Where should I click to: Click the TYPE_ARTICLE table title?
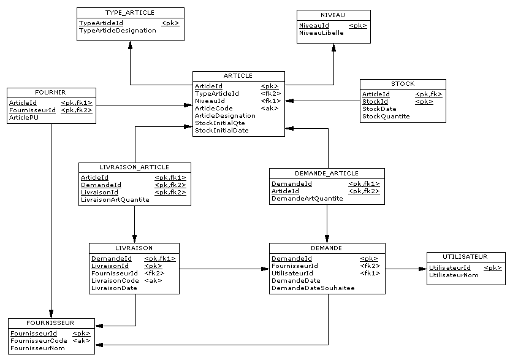point(130,12)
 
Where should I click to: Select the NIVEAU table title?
point(333,15)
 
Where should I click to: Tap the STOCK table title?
point(403,83)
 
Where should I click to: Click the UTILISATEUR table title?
point(465,256)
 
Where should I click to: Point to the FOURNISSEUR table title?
point(51,323)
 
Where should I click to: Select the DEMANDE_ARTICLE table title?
point(327,173)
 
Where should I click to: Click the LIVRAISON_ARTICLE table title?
point(134,167)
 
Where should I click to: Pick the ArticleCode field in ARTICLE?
point(213,109)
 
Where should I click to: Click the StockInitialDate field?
point(222,130)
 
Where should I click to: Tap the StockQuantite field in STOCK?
point(386,117)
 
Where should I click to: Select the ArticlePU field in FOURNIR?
point(23,118)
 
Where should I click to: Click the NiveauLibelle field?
point(321,33)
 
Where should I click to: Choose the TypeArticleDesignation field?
point(117,31)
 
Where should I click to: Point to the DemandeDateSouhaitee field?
point(313,288)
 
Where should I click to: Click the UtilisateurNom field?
point(454,275)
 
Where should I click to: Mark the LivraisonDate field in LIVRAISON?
point(114,288)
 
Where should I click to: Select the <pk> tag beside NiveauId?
point(358,26)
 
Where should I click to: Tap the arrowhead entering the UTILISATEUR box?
point(422,269)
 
